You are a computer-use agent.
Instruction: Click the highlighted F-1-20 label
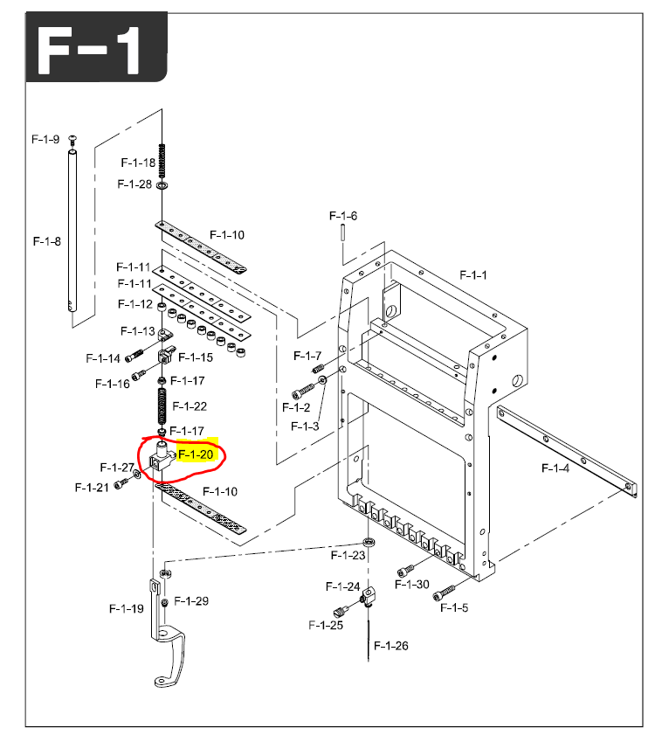[196, 454]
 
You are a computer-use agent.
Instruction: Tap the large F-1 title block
[97, 47]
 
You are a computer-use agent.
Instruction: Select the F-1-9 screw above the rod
[72, 140]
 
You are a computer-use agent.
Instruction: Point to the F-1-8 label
[47, 241]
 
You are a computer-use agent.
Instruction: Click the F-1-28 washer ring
[162, 185]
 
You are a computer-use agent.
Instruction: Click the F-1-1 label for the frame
[473, 275]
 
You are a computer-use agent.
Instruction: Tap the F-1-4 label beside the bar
[555, 468]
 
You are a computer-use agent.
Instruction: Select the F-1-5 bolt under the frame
[444, 593]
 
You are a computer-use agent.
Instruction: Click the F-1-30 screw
[406, 571]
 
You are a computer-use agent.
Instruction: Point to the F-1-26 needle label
[391, 646]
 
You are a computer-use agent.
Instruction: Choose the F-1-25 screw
[341, 611]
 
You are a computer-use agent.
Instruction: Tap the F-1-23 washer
[369, 543]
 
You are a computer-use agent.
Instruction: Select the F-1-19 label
[127, 609]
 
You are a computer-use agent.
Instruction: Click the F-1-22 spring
[162, 406]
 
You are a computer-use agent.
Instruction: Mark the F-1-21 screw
[121, 483]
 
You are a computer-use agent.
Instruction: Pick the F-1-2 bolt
[303, 391]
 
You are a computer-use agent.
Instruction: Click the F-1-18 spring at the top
[162, 161]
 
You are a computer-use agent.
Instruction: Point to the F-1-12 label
[135, 304]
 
